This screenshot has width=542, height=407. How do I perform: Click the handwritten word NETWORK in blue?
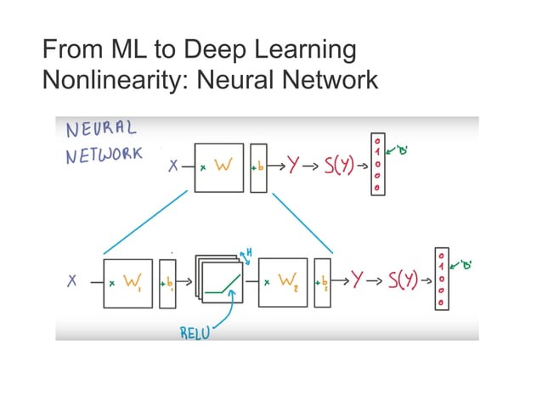pyautogui.click(x=104, y=157)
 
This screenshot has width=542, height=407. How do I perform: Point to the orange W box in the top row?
pyautogui.click(x=219, y=167)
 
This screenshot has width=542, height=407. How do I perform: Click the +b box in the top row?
pyautogui.click(x=258, y=167)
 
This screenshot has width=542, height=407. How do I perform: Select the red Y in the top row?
pyautogui.click(x=293, y=167)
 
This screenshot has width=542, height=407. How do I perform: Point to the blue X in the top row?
pyautogui.click(x=173, y=167)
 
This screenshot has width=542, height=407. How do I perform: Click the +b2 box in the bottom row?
pyautogui.click(x=322, y=280)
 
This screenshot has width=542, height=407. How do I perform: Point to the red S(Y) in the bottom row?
pyautogui.click(x=403, y=280)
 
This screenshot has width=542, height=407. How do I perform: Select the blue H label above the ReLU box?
pyautogui.click(x=249, y=252)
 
